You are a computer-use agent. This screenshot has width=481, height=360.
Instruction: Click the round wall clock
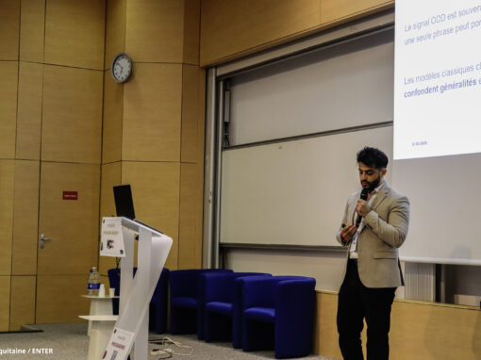(122, 68)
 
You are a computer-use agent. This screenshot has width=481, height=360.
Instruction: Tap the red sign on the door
(70, 195)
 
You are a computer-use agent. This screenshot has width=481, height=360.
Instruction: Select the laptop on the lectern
(124, 201)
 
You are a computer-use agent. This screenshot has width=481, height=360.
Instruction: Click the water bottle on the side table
(93, 280)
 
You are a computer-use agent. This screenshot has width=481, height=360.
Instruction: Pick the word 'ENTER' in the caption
(41, 351)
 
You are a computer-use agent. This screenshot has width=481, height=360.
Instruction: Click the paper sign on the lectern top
(113, 237)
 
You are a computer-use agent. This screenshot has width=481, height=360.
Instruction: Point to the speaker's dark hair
(373, 156)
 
